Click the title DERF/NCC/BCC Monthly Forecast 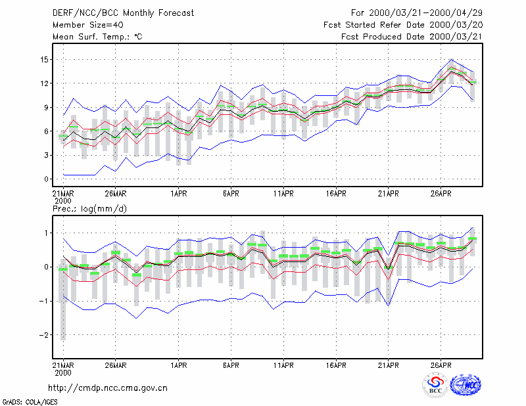[x=123, y=13]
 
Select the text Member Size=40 [x=88, y=25]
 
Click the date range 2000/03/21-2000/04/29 [x=425, y=13]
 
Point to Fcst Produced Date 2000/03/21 [x=412, y=37]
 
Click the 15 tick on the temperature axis [x=44, y=60]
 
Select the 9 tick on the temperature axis [x=46, y=108]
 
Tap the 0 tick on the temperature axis [x=46, y=179]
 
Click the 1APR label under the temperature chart [x=178, y=194]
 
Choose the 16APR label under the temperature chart [x=336, y=194]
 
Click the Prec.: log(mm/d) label [x=89, y=209]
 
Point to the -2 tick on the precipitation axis [x=43, y=335]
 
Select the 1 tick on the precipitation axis [x=46, y=233]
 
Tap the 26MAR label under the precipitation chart [x=116, y=365]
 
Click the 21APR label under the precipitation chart [x=388, y=365]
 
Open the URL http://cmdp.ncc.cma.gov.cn [x=108, y=388]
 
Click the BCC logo [x=435, y=385]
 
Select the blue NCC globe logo [x=466, y=385]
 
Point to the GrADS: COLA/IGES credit [x=30, y=402]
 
